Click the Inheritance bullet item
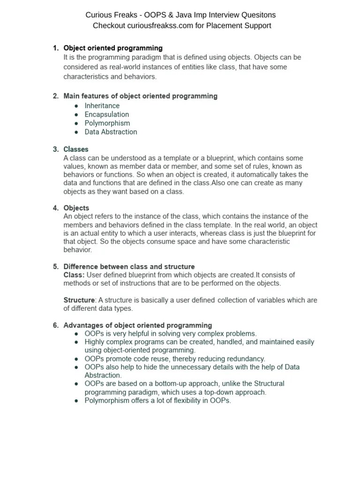(x=102, y=105)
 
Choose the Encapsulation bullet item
(x=106, y=114)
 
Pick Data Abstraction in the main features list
(x=111, y=132)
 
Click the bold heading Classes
(x=75, y=150)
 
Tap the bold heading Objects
(x=76, y=208)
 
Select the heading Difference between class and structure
(x=129, y=267)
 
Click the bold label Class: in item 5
(x=74, y=275)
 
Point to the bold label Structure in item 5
(x=79, y=300)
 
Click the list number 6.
(x=55, y=325)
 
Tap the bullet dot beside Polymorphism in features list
(x=76, y=123)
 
